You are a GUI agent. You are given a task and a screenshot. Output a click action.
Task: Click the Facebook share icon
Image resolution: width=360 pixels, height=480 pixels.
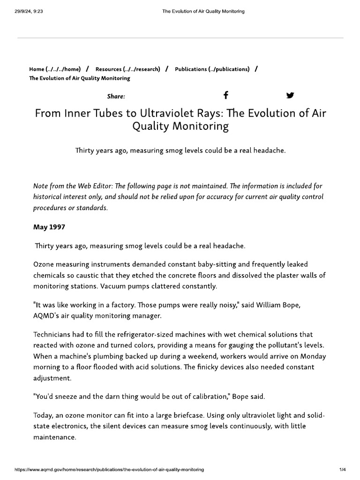[225, 96]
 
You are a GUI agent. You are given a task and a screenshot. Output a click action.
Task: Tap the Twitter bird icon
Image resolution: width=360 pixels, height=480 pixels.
[290, 96]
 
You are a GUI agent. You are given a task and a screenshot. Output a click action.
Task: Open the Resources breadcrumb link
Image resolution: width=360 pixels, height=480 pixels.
[127, 69]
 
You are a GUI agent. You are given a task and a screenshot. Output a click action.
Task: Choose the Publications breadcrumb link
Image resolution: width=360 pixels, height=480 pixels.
[212, 69]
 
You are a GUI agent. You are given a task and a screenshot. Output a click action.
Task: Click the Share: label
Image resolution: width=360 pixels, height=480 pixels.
[116, 97]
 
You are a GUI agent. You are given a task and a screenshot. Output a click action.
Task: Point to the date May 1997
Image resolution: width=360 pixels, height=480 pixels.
[49, 227]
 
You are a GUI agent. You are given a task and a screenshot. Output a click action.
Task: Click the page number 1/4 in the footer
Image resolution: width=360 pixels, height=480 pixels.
[342, 470]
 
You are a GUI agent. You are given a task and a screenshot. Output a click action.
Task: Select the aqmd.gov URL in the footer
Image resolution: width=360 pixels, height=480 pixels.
[110, 470]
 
